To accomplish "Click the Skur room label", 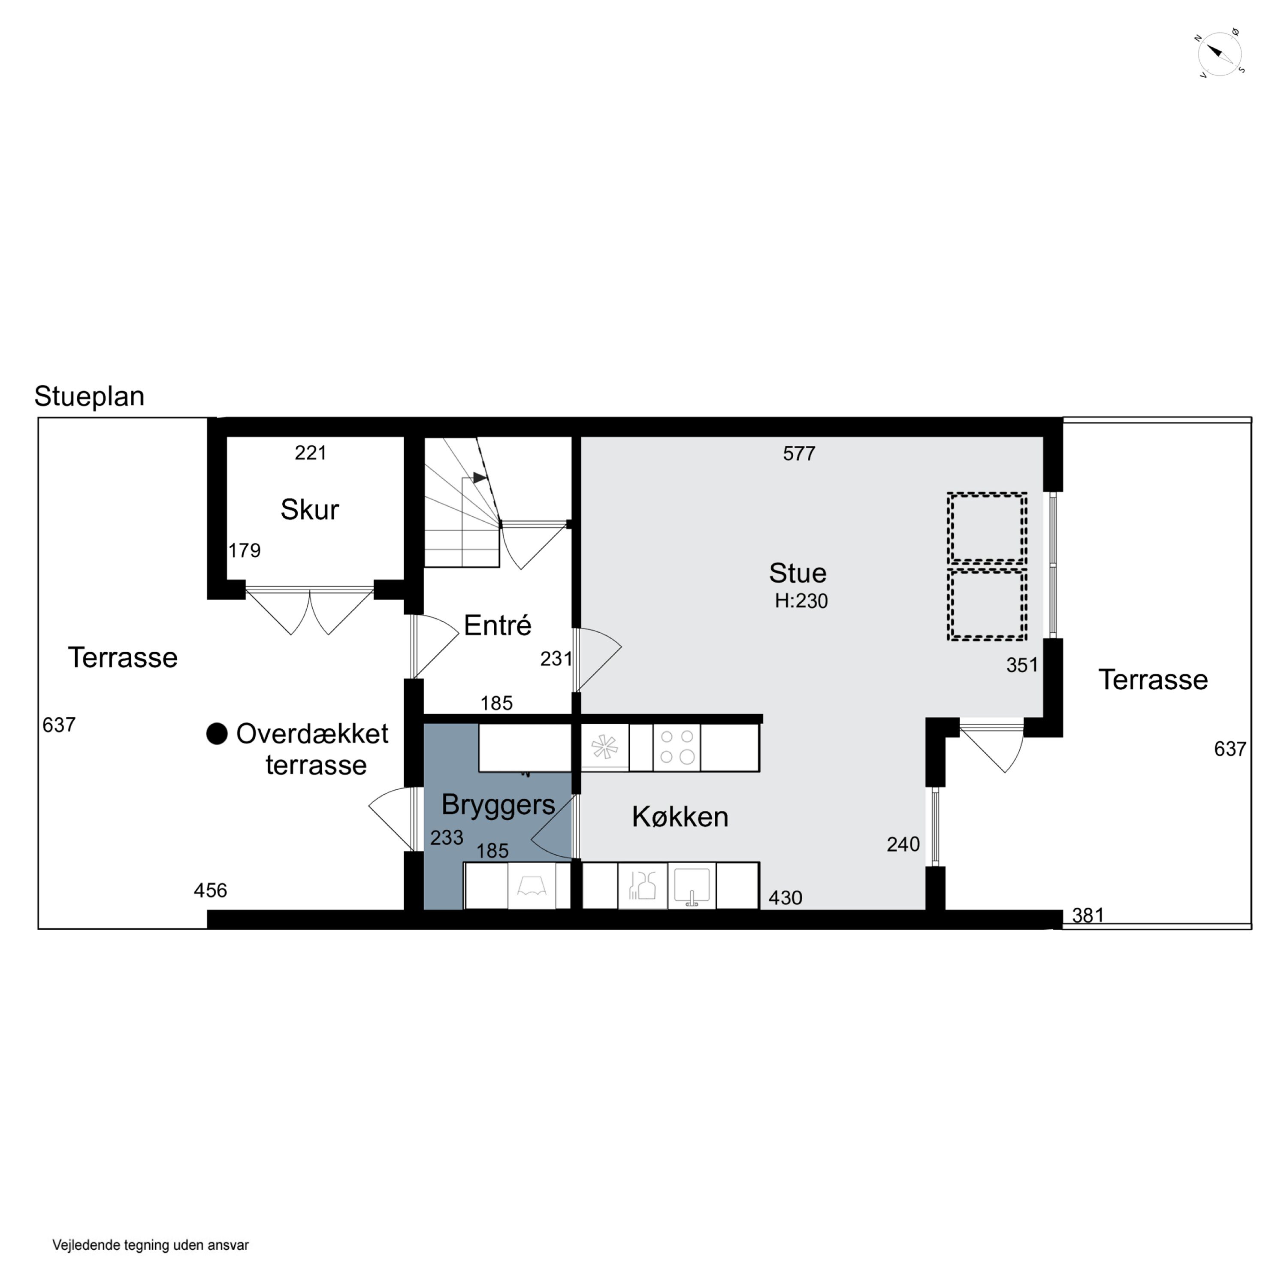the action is pyautogui.click(x=310, y=510).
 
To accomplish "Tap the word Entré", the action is pyautogui.click(x=498, y=625).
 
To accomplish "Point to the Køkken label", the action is pyautogui.click(x=680, y=817).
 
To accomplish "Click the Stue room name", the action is pyautogui.click(x=798, y=573).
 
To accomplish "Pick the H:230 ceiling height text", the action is pyautogui.click(x=801, y=601).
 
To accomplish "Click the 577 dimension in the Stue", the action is pyautogui.click(x=799, y=453).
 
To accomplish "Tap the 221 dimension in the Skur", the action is pyautogui.click(x=311, y=453).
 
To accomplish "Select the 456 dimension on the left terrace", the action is pyautogui.click(x=211, y=891).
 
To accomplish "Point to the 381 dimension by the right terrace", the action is pyautogui.click(x=1088, y=915).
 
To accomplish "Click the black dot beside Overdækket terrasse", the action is pyautogui.click(x=217, y=734).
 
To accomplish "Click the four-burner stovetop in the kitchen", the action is pyautogui.click(x=676, y=747).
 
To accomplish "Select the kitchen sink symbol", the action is pyautogui.click(x=692, y=886).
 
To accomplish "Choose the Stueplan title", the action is pyautogui.click(x=89, y=396).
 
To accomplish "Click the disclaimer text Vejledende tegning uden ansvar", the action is pyautogui.click(x=151, y=1245).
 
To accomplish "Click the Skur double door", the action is pyautogui.click(x=310, y=610).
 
